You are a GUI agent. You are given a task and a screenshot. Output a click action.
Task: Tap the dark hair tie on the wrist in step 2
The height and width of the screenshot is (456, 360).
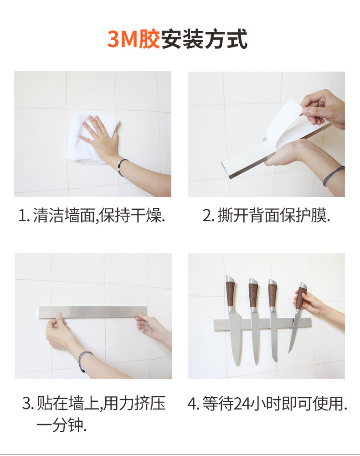tap(333, 175)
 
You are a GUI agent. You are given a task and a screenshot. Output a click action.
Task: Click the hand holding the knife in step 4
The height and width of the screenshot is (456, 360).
tap(310, 301)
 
